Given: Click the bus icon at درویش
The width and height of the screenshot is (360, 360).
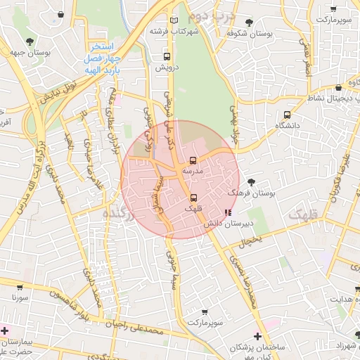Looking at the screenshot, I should [x=167, y=56].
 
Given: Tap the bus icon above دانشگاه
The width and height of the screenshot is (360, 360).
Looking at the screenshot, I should [x=287, y=115].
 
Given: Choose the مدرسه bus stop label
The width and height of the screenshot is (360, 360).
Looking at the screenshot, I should [x=193, y=171].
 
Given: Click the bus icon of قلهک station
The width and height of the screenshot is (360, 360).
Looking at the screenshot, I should [x=193, y=198].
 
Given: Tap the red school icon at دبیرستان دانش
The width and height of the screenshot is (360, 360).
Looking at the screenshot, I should [x=227, y=212].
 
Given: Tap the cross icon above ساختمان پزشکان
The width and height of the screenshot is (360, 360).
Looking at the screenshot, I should [x=257, y=337].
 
